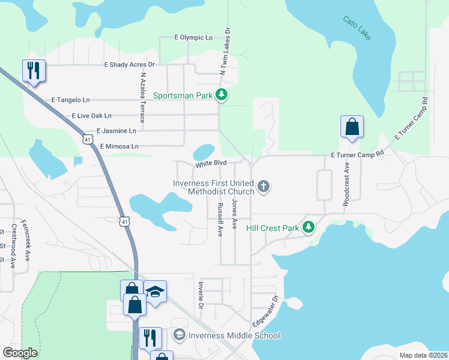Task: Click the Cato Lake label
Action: (357, 28)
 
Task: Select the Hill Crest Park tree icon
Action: (309, 227)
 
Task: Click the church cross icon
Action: (263, 187)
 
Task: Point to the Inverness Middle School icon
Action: (179, 335)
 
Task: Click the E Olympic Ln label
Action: (193, 37)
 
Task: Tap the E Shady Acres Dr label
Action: (129, 64)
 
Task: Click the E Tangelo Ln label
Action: (70, 100)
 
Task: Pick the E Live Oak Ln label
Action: (91, 115)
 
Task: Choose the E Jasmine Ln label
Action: (116, 130)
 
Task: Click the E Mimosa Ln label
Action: (119, 146)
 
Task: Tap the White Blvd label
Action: (210, 163)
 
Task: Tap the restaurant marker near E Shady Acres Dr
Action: (33, 71)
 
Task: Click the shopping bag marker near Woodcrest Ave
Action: (352, 127)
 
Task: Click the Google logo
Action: (20, 353)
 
